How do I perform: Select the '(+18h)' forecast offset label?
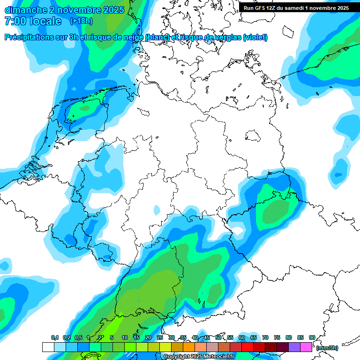[81, 21]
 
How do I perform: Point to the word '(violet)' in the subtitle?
[255, 37]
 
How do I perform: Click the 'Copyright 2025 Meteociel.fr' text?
[199, 357]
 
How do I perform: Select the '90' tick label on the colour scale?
[312, 337]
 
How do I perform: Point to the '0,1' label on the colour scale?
[54, 337]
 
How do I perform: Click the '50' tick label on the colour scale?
[218, 337]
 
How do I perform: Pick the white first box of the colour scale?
[48, 347]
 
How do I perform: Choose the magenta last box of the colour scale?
[306, 347]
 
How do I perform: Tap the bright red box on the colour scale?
[247, 347]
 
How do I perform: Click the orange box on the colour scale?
[189, 347]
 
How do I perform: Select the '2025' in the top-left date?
[113, 10]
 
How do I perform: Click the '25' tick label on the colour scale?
[160, 337]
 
